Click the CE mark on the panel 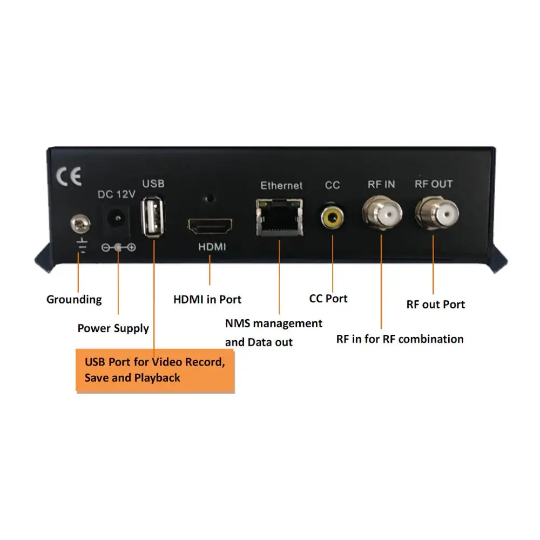click(x=69, y=177)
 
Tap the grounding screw click(x=80, y=224)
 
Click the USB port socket click(x=153, y=217)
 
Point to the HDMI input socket click(x=210, y=226)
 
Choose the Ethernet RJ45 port click(x=279, y=217)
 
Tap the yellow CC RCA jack click(x=332, y=217)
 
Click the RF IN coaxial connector click(x=382, y=213)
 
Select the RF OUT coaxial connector click(x=437, y=213)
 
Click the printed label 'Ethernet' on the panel click(x=281, y=186)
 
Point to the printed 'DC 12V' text click(x=117, y=194)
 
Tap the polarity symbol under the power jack click(x=118, y=247)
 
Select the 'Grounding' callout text click(x=74, y=300)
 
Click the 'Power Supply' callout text click(x=113, y=328)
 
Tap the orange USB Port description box click(x=155, y=370)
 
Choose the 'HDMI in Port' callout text click(x=207, y=300)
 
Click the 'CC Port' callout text click(x=328, y=299)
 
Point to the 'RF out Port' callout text click(x=436, y=305)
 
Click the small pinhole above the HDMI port click(x=210, y=199)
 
